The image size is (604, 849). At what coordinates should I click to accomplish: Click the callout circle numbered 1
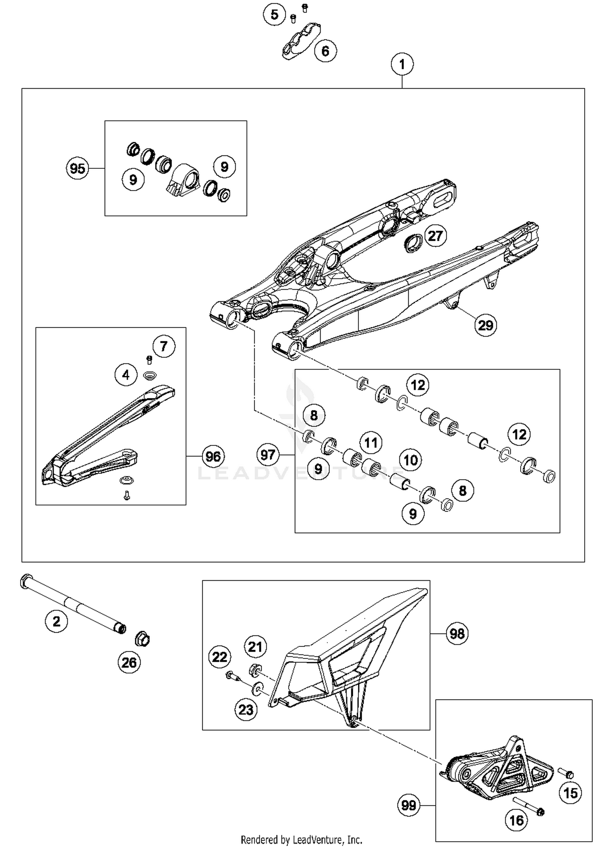pos(402,64)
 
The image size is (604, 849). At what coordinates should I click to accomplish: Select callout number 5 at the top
pos(274,15)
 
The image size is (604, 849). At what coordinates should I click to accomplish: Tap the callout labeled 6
pos(325,51)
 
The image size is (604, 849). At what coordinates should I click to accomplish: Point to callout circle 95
pos(77,168)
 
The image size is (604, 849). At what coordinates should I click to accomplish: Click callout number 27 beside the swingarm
pos(435,236)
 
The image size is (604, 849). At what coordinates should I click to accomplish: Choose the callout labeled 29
pos(485,325)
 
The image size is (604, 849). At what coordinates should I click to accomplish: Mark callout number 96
pos(213,456)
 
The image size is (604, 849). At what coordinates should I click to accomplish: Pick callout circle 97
pos(268,455)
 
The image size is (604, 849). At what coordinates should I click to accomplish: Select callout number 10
pos(410,460)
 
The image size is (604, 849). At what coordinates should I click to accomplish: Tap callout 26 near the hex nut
pos(129,663)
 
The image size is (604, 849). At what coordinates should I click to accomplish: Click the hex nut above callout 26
pos(142,639)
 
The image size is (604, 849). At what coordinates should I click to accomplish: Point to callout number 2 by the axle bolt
pos(56,621)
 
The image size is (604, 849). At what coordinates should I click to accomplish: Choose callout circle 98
pos(457,634)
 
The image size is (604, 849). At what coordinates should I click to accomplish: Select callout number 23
pos(246,710)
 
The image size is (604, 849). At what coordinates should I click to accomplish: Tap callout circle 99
pos(408,805)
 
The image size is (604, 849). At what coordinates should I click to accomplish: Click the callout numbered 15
pos(570,793)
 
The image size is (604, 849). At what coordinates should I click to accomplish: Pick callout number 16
pos(517,820)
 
